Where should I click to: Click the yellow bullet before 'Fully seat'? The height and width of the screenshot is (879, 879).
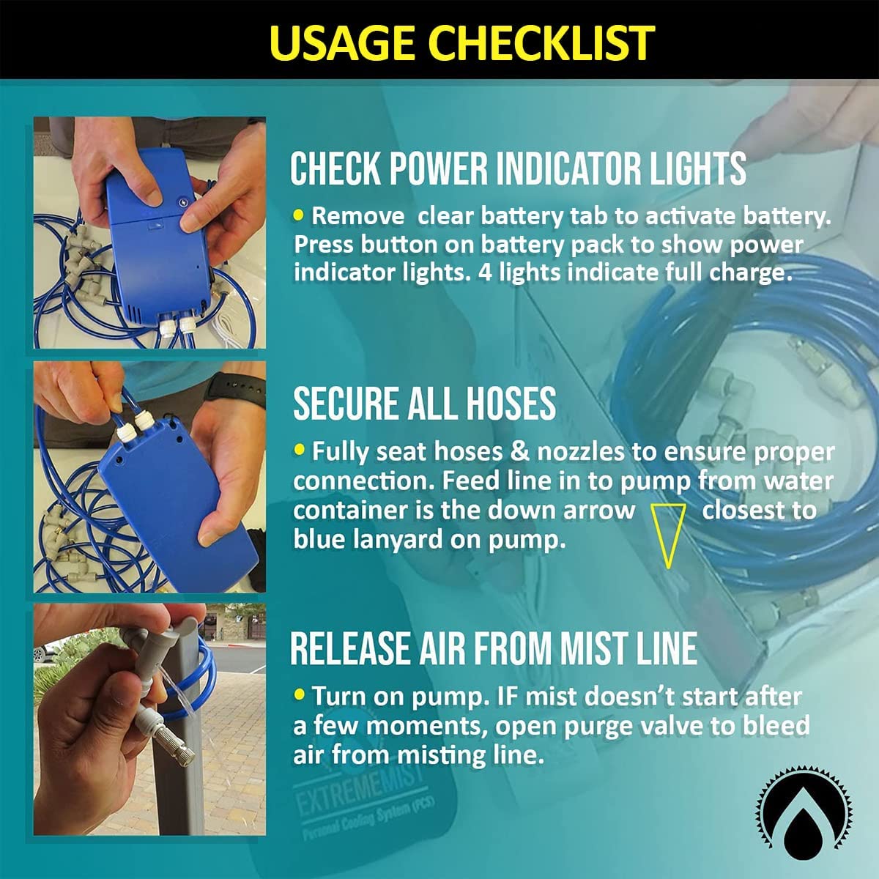(299, 450)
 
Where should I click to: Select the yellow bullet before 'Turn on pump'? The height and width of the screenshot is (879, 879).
(299, 694)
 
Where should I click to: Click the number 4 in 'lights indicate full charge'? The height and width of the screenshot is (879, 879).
(486, 272)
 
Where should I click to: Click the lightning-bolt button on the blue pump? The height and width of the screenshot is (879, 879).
(183, 202)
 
